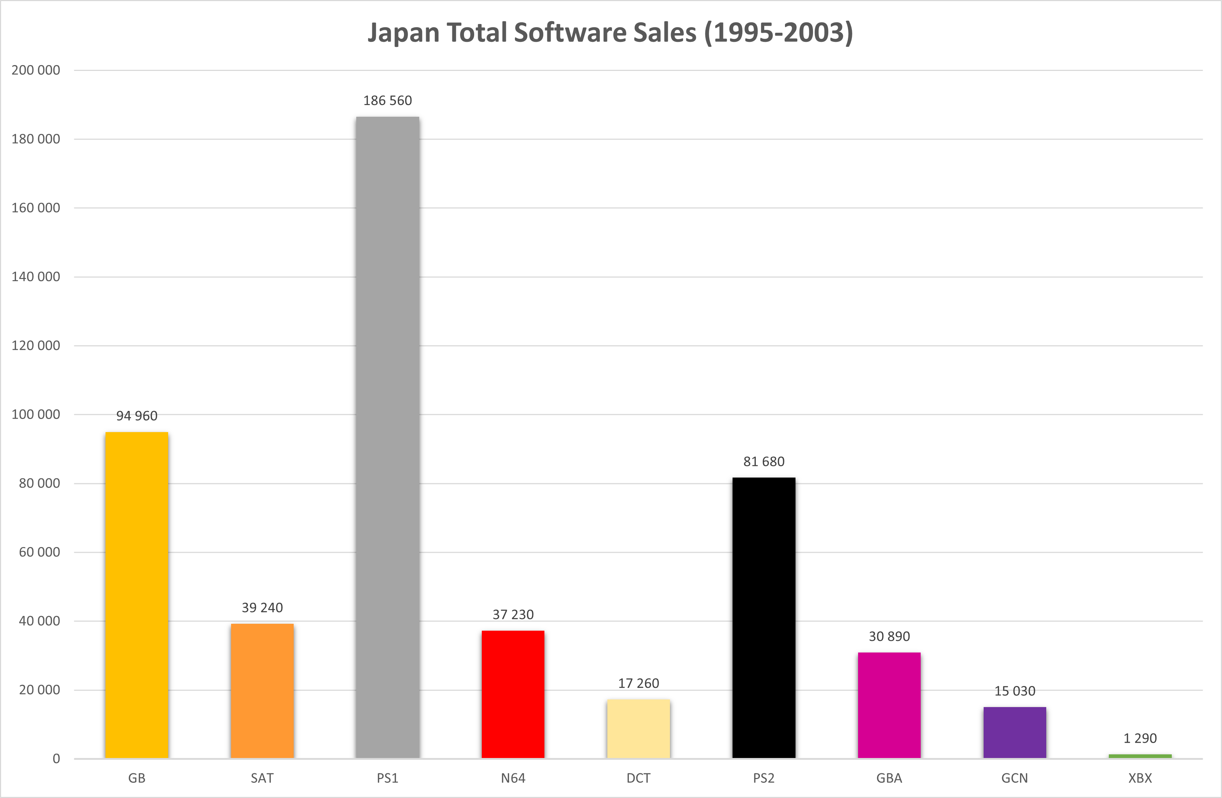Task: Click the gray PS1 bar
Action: pos(388,437)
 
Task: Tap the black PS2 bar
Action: pos(764,618)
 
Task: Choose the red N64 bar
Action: pos(513,694)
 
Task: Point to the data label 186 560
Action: pos(388,101)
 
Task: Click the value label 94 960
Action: pos(136,416)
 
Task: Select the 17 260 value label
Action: pos(638,683)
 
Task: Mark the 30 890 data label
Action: pos(889,637)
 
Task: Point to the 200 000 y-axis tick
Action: pos(36,70)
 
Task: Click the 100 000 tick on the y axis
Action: pos(36,414)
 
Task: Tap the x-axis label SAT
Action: pos(262,778)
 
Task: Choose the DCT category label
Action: pos(638,778)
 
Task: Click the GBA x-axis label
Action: pos(889,778)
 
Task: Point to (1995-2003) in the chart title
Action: pos(778,32)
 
